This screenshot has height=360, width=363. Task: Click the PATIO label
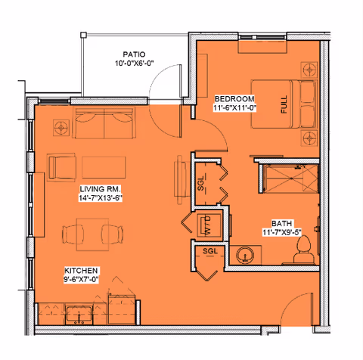(x=134, y=54)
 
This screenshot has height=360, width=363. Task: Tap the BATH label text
(x=282, y=224)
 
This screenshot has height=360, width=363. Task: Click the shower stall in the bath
(x=285, y=178)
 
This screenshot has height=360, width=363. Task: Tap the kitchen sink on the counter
(x=78, y=314)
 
